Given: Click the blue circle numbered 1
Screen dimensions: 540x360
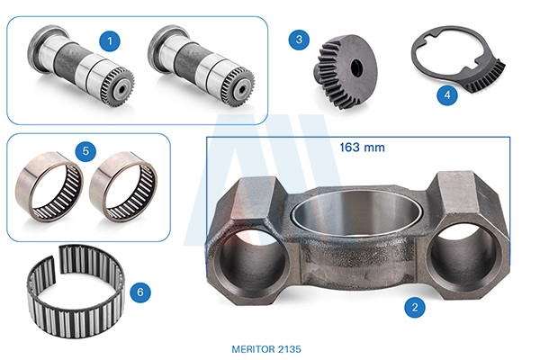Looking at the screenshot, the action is click(x=110, y=41).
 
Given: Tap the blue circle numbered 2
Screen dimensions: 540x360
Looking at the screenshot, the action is click(x=415, y=307).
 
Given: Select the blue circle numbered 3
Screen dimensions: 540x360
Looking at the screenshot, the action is click(x=299, y=40).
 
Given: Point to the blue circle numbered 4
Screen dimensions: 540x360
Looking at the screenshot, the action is click(x=447, y=94).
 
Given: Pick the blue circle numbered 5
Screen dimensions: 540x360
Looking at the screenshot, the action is click(x=85, y=151).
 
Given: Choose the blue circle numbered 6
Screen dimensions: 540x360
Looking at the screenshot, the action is click(x=140, y=292).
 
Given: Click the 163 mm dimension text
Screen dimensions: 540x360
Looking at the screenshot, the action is click(x=362, y=148).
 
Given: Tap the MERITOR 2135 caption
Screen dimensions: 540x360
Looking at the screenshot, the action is click(x=266, y=349).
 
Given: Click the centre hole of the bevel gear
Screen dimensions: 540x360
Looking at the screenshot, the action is click(x=356, y=68).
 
